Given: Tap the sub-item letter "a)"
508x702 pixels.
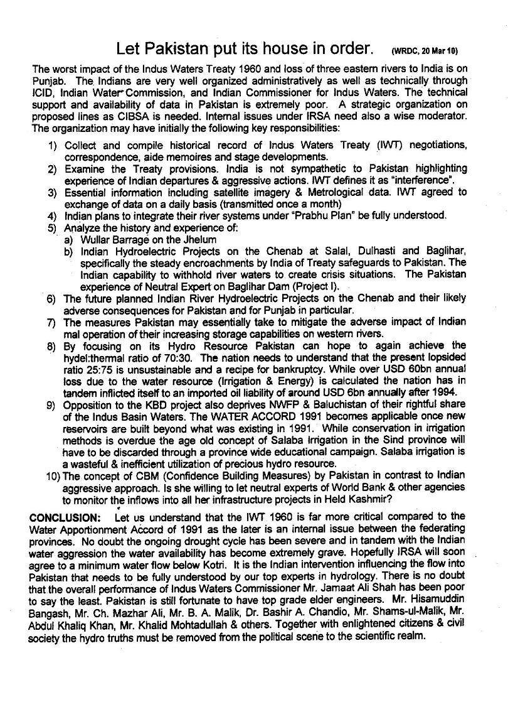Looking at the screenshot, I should point(69,239).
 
